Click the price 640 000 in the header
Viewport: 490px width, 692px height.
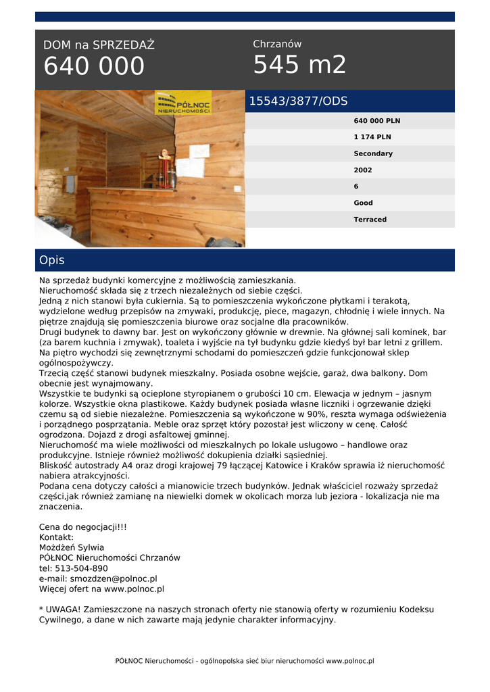pos(94,66)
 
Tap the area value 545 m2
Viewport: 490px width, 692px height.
pos(299,65)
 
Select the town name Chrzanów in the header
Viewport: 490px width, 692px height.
pos(277,44)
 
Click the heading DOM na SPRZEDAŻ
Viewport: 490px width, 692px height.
pos(99,45)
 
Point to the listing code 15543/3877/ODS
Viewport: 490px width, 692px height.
pos(298,101)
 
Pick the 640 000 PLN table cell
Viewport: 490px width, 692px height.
pos(376,121)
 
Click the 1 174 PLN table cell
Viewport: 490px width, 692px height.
pos(372,137)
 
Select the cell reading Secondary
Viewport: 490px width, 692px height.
pos(372,153)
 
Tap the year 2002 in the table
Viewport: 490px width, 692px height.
pos(363,170)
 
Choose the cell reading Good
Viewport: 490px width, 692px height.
pos(363,203)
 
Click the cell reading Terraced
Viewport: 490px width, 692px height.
pos(370,219)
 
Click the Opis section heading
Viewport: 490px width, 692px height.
pos(52,260)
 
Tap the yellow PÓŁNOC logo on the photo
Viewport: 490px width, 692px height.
pos(183,103)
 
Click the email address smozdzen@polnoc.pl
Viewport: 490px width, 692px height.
pos(113,578)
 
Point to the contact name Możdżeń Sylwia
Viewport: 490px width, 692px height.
pos(72,547)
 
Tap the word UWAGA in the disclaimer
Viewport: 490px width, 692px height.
pos(62,609)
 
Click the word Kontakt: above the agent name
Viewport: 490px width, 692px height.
pos(56,537)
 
